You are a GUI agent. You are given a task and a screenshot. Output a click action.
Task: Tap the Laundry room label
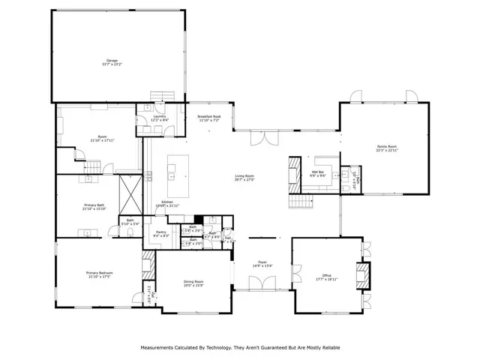159,116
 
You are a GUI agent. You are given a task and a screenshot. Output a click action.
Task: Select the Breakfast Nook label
209,116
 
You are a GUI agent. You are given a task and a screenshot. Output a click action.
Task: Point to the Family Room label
387,146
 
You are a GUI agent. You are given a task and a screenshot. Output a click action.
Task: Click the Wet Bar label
317,172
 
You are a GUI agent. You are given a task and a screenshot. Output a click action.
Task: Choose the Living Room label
245,176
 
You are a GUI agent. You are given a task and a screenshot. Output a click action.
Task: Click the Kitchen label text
167,202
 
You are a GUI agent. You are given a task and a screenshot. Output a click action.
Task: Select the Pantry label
161,232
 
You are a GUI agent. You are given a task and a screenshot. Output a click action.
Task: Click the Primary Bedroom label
98,273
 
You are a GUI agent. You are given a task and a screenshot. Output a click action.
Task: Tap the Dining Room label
193,281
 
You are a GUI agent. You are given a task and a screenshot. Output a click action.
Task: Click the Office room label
327,275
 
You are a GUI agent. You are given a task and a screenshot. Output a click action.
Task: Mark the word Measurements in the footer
159,347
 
